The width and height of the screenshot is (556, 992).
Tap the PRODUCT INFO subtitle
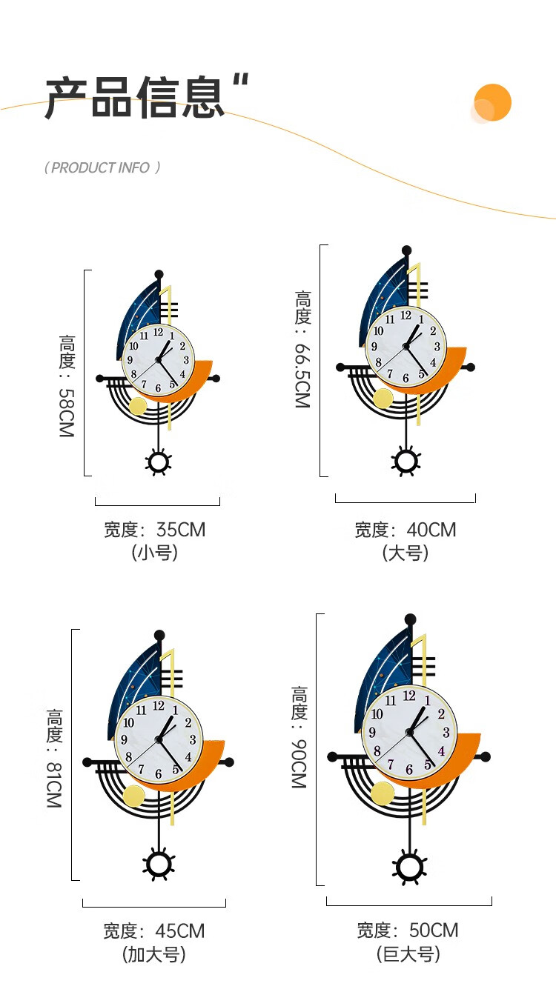point(102,168)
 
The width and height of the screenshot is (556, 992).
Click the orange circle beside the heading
point(492,102)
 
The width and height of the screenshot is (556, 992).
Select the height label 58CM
point(67,386)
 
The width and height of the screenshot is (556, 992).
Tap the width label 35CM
point(154,530)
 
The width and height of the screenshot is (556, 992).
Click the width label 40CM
point(405,530)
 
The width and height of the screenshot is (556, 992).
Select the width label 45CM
point(153,931)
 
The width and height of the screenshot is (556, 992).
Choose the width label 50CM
point(408,931)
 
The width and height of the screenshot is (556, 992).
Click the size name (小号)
point(154,553)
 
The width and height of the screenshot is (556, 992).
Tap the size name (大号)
point(406,553)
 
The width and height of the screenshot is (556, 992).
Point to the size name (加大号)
point(153,954)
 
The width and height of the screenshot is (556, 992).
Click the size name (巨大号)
point(408,953)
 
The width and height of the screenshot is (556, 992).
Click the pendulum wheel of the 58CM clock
point(158,462)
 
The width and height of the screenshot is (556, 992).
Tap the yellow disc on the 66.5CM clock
point(383,398)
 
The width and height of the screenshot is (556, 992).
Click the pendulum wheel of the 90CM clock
point(409,868)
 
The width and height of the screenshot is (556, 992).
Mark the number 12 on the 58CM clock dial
point(158,333)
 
